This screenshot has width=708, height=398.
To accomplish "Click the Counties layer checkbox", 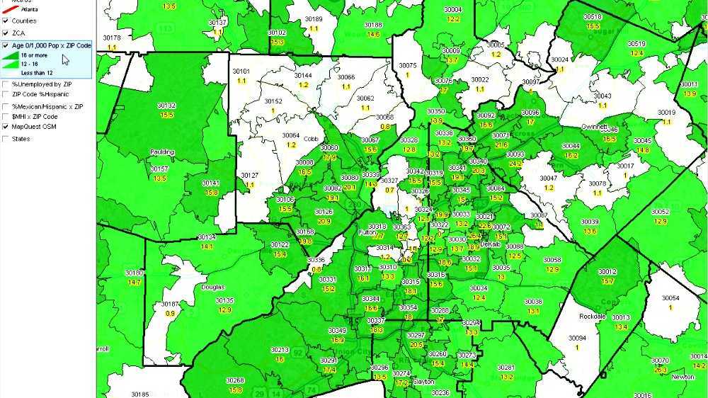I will pyautogui.click(x=5, y=21).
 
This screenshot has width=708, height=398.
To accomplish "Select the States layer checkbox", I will pyautogui.click(x=5, y=139).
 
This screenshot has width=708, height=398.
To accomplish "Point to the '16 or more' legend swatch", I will pyautogui.click(x=12, y=55).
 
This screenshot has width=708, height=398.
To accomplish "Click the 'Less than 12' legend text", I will pyautogui.click(x=36, y=72).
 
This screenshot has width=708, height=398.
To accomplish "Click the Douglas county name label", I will pyautogui.click(x=212, y=288).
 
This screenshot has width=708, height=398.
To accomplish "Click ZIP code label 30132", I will pyautogui.click(x=167, y=106).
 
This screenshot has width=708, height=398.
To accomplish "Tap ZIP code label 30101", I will pyautogui.click(x=241, y=72).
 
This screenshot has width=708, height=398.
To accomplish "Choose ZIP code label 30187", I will pyautogui.click(x=171, y=304).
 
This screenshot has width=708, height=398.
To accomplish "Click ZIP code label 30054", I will pyautogui.click(x=670, y=298).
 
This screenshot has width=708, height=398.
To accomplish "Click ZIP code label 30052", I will pyautogui.click(x=660, y=212).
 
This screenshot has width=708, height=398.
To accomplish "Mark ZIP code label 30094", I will pyautogui.click(x=578, y=338).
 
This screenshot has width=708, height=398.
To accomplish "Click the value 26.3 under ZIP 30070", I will pyautogui.click(x=661, y=370).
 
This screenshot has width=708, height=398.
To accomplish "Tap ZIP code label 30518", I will pyautogui.click(x=593, y=17).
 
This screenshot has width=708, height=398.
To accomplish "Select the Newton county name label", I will pyautogui.click(x=683, y=377).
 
